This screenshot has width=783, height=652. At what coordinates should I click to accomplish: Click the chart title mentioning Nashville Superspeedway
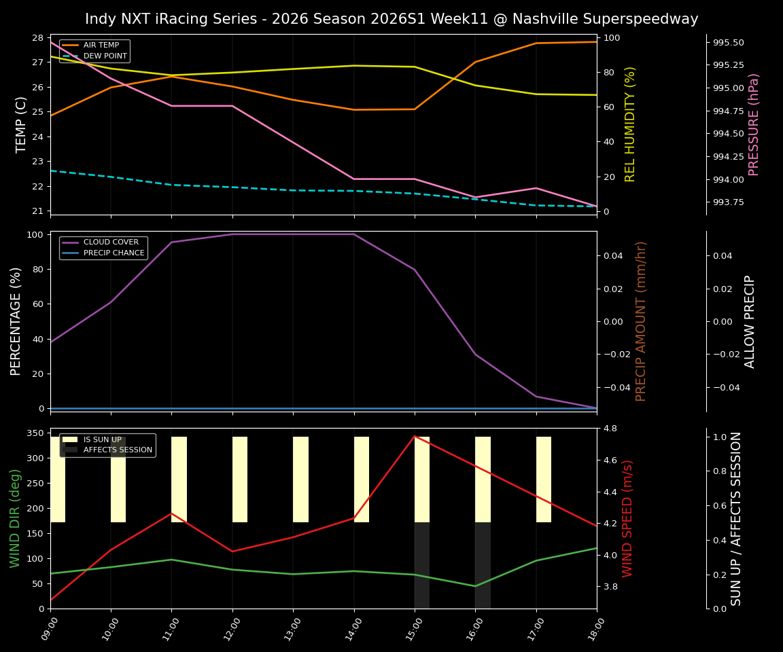coord(391,19)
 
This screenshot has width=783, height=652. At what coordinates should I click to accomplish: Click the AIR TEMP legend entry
coord(101,46)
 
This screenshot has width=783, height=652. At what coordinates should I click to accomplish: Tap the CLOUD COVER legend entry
coord(111,242)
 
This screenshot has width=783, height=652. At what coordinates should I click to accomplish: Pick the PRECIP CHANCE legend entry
coord(114,253)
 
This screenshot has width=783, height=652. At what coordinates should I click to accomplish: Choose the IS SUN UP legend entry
coord(102,439)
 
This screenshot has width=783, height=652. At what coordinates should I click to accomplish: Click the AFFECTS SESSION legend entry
coord(118,450)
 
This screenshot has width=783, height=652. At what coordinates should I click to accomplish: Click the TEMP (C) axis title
coord(22,124)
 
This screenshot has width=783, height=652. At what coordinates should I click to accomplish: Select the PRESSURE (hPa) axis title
coord(754,124)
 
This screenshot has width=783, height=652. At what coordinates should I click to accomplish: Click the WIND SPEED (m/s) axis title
coord(627,518)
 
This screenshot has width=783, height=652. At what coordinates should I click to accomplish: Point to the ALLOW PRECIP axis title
coord(750,321)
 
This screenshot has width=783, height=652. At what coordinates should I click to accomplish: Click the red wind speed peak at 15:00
coord(415,436)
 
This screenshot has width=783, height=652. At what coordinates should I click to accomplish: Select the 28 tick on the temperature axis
coord(37,38)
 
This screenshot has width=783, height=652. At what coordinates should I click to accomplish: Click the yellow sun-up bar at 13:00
coord(300,479)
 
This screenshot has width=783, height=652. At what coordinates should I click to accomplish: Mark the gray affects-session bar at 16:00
coord(483,565)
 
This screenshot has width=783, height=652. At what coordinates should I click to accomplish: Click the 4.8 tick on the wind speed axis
coord(609,429)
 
